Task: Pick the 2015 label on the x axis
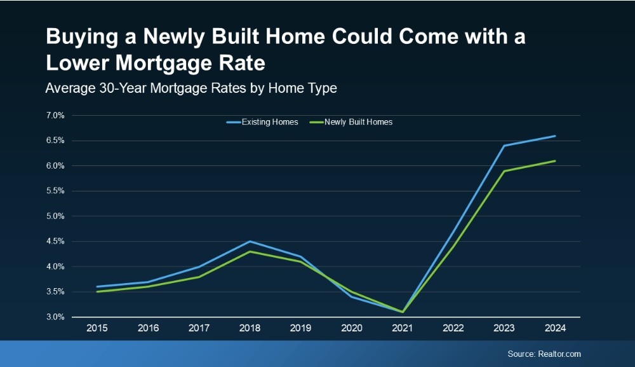97,329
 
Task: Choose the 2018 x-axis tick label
250,329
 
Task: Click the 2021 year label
403,329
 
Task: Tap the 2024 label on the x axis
555,329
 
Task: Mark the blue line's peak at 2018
250,241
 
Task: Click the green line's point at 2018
250,251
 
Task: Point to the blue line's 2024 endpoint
555,135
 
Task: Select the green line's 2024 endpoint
555,161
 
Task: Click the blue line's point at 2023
504,146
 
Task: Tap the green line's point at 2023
504,170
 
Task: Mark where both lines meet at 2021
403,312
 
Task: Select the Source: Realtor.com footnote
544,354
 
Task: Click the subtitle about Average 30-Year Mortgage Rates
190,88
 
